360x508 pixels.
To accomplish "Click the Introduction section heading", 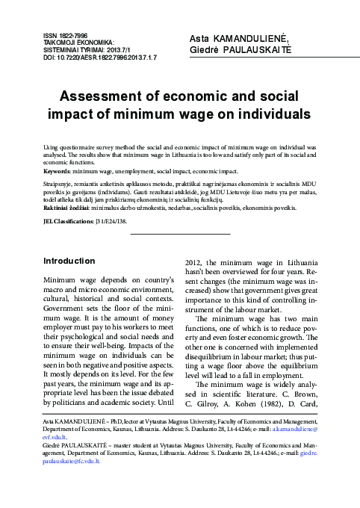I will (69, 261).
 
